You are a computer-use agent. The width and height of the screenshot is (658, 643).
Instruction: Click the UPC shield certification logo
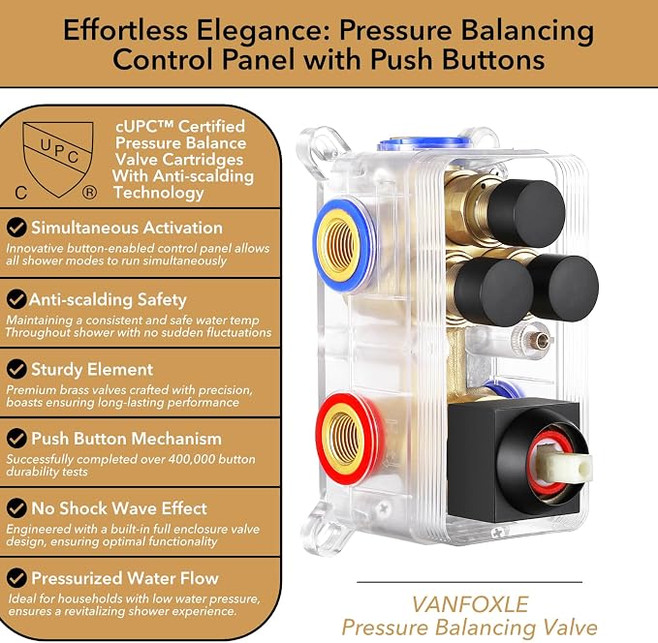58,160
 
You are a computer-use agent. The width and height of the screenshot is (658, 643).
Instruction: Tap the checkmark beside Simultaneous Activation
16,228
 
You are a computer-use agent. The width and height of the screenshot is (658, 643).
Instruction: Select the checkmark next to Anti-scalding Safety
16,299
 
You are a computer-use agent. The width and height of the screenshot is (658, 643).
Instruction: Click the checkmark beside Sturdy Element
16,369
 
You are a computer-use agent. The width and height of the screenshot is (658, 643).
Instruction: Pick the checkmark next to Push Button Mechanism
16,439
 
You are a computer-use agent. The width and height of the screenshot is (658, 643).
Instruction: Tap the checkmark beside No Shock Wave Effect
16,508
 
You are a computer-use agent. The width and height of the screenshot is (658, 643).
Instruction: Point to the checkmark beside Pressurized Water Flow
16,578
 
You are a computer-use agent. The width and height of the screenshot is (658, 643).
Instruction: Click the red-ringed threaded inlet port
348,439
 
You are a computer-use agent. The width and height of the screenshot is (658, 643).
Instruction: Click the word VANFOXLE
470,604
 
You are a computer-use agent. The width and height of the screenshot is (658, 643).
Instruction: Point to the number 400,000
192,459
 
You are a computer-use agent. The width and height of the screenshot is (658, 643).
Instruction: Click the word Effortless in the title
125,30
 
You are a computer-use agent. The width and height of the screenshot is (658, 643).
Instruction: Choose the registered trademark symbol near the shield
89,193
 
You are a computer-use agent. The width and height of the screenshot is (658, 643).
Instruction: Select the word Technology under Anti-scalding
159,193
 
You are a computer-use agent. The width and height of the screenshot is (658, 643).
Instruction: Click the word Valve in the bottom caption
568,628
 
